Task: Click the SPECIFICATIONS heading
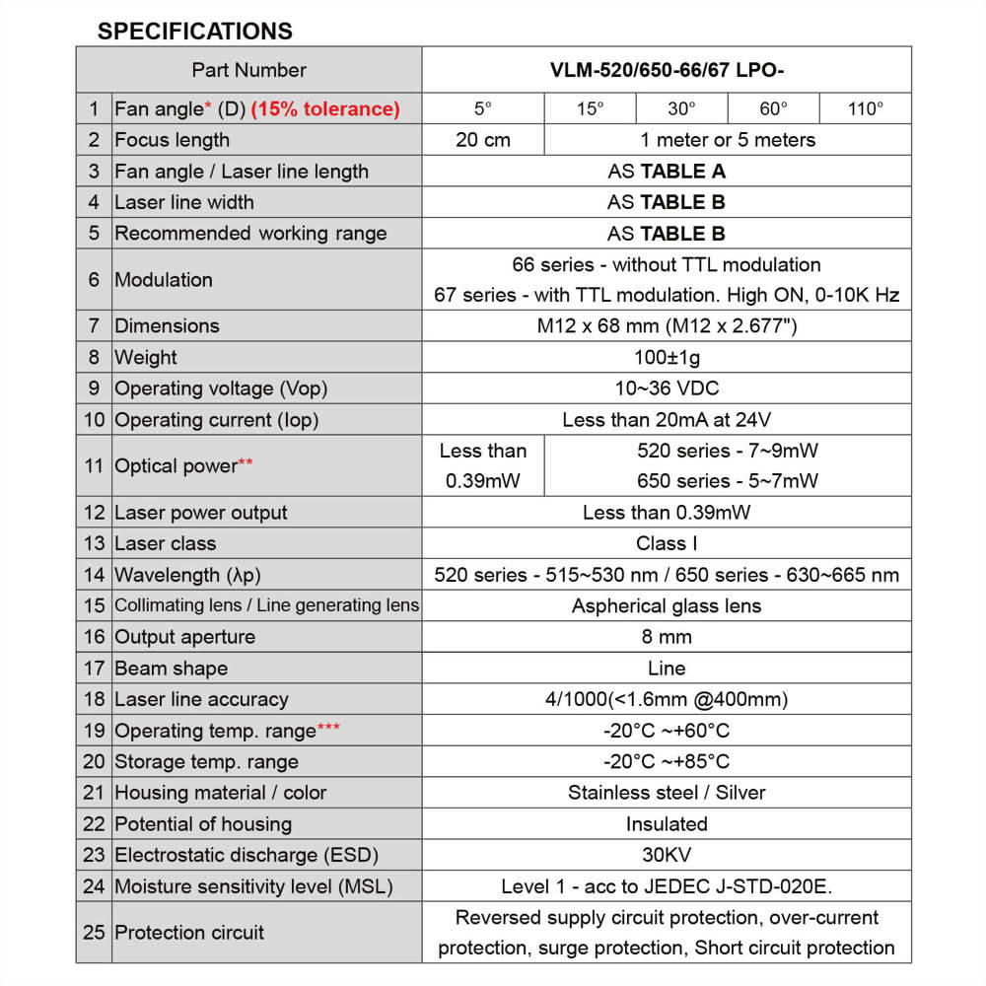coord(194,31)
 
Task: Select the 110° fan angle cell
coord(865,108)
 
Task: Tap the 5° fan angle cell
coord(482,108)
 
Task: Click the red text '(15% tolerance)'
coord(325,108)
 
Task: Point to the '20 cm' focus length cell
coord(482,140)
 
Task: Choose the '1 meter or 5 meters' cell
coord(728,140)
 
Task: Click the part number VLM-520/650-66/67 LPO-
coord(667,70)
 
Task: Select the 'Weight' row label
coord(146,357)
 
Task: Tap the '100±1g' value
coord(667,357)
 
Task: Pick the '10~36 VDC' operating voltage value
coord(667,388)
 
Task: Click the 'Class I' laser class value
coord(667,543)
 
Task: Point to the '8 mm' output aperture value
coord(667,637)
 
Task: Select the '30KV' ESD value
coord(667,855)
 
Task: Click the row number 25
coord(94,932)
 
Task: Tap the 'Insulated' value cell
coord(667,823)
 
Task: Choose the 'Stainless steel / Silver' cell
coord(667,793)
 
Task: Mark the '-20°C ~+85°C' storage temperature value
coord(667,761)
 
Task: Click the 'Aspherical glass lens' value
coord(667,605)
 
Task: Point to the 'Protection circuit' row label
coord(189,932)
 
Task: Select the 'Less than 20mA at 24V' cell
coord(667,420)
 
